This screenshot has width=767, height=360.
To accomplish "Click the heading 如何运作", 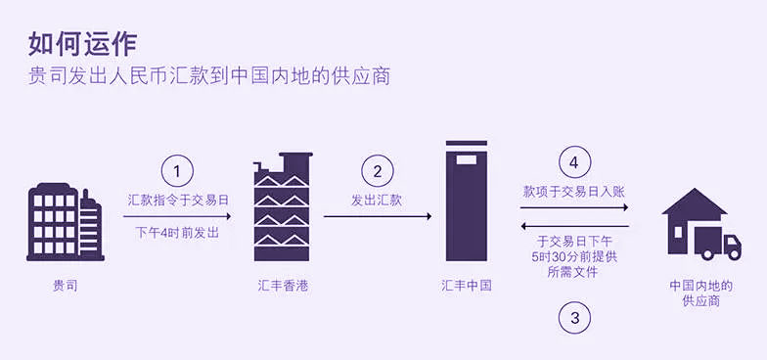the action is coord(83,42).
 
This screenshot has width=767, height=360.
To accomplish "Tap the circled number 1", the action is coord(177,171).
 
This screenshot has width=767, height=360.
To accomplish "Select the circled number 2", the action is coord(378,171).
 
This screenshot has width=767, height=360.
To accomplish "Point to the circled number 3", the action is coord(574,317).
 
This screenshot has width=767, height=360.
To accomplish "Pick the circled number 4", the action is coord(574,162).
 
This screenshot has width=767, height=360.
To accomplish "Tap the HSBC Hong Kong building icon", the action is coord(284,206).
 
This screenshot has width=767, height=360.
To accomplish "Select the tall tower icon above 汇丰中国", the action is coord(466,201).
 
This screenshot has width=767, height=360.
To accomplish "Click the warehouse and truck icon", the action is coord(700,224).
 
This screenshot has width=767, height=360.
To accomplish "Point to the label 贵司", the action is coord(65,286).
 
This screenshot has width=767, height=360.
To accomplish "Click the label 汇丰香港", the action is coord(284,286).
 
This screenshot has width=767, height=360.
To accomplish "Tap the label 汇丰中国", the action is coord(466,286).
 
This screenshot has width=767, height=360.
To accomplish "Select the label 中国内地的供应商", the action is coord(700,292).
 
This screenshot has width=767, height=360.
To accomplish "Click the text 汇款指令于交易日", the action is coord(178,200).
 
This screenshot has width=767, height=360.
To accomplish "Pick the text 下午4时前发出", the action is coord(177,234).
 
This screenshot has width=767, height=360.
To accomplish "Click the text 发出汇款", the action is coord(377,200).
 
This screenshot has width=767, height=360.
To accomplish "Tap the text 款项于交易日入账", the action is coord(574,192).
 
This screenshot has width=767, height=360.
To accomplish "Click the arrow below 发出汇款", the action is coord(377,217).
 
